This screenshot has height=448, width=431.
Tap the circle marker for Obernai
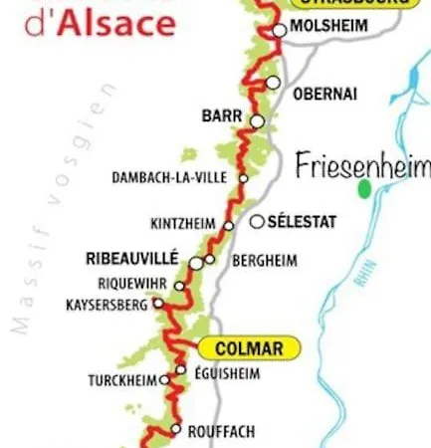click(x=274, y=83)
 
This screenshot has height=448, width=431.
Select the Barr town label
click(x=221, y=116)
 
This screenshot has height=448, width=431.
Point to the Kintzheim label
click(x=183, y=223)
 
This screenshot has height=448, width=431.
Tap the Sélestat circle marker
click(x=257, y=222)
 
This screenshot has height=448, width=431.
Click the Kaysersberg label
click(x=107, y=303)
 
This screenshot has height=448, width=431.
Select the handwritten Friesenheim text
click(x=362, y=165)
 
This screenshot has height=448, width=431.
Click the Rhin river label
click(x=361, y=279)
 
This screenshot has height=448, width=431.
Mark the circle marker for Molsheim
click(x=280, y=31)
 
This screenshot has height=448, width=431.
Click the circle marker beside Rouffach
click(x=175, y=430)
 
